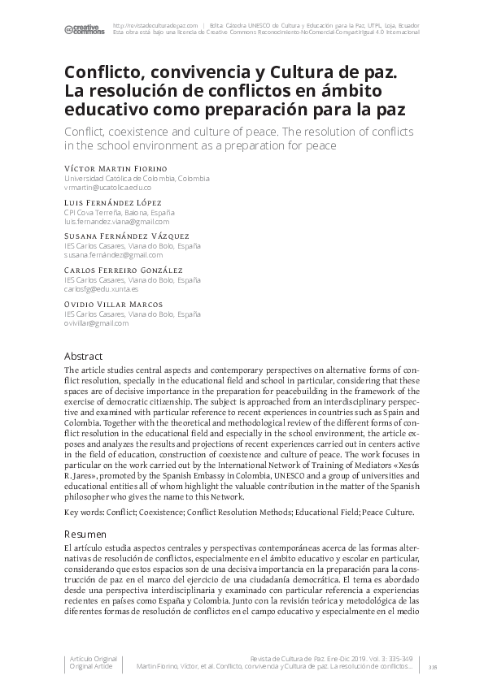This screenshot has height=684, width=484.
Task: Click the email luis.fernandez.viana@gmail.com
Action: click(116, 221)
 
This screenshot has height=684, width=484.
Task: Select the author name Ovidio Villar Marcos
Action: click(112, 304)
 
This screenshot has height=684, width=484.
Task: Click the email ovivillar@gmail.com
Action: click(96, 323)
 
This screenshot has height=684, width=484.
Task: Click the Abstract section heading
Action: click(83, 356)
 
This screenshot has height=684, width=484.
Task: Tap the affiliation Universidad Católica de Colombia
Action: click(136, 178)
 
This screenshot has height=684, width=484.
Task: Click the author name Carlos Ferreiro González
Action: click(123, 270)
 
